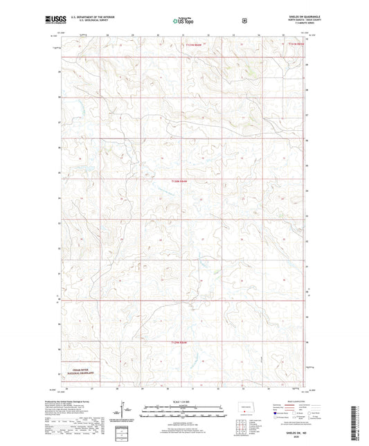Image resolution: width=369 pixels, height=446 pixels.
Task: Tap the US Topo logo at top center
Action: pyautogui.click(x=184, y=21)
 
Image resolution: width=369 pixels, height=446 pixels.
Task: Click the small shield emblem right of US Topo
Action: pyautogui.click(x=244, y=21)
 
